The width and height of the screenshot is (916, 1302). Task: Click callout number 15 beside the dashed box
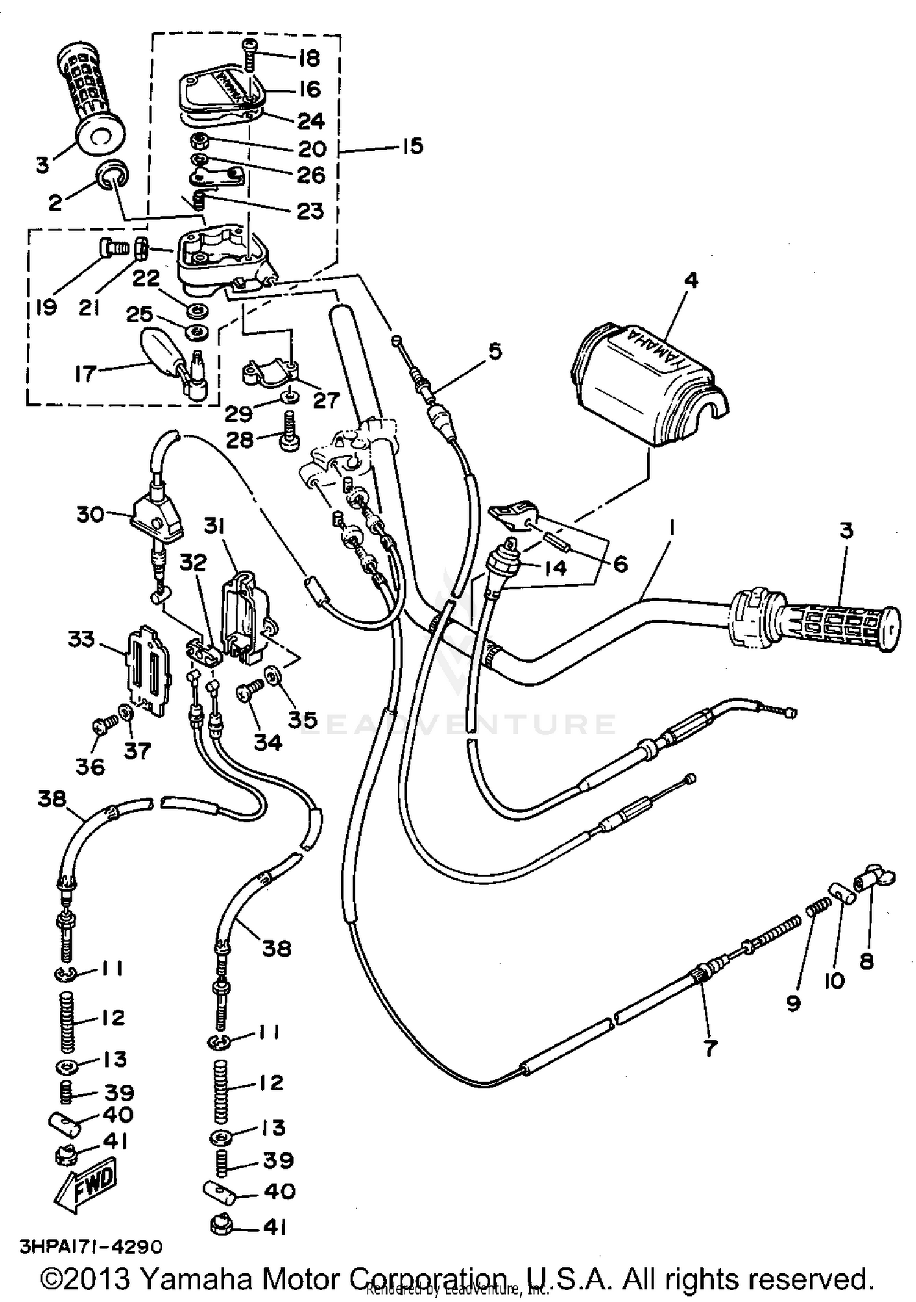point(412,146)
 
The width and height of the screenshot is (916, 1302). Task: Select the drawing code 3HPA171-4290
point(92,1246)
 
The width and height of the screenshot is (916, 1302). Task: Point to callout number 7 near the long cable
point(709,1049)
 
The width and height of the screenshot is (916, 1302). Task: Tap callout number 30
point(90,514)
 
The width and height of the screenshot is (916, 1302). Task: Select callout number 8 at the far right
point(866,961)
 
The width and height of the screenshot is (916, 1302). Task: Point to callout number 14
point(554,567)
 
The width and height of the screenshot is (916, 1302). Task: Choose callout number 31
point(214,526)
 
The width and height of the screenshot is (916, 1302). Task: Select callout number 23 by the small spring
point(310,211)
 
